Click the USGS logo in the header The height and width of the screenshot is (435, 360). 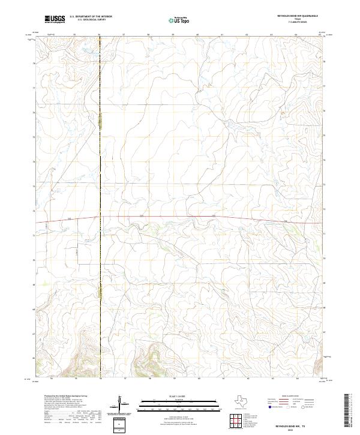coord(55,19)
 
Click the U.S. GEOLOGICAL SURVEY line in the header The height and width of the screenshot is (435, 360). coord(91,20)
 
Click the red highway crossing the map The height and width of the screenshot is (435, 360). coord(180,217)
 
